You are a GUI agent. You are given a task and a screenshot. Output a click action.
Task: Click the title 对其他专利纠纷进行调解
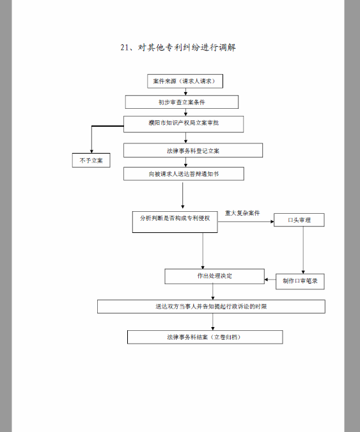coord(187,47)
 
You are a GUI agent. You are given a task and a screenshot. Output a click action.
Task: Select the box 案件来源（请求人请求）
coord(185,81)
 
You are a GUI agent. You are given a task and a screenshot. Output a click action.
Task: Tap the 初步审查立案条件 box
coord(182,102)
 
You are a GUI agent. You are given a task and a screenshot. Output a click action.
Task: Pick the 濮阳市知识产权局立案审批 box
coord(184,124)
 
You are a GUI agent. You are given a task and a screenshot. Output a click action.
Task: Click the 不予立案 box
coord(91,160)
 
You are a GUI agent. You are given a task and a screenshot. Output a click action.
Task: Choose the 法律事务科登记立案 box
coord(193,150)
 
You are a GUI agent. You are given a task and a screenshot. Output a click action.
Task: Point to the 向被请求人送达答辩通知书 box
coord(184,174)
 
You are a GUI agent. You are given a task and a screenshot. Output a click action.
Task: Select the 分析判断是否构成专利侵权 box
coord(175,223)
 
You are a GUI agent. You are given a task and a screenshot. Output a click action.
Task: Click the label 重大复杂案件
coord(242,213)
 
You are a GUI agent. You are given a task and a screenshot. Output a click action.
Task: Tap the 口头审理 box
coord(299,220)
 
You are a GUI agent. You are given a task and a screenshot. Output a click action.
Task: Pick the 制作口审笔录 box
coord(300,282)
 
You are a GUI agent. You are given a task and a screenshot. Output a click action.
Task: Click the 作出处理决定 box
coord(214,276)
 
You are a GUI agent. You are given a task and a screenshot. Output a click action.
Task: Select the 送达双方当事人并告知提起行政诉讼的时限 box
coord(211,307)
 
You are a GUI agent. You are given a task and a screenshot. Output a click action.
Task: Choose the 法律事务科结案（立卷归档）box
coord(205,337)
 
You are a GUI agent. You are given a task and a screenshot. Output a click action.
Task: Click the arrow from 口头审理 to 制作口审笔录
coord(303,250)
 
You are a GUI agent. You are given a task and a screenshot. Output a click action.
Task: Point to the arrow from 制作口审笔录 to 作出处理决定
coord(270,280)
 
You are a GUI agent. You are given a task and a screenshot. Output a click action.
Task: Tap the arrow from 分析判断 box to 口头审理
coord(246,221)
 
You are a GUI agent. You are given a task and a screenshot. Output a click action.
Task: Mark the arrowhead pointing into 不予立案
coord(91,152)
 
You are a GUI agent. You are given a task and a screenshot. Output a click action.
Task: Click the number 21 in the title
coord(125,47)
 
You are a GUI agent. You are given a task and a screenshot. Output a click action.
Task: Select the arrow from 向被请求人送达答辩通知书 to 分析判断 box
coord(182,195)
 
